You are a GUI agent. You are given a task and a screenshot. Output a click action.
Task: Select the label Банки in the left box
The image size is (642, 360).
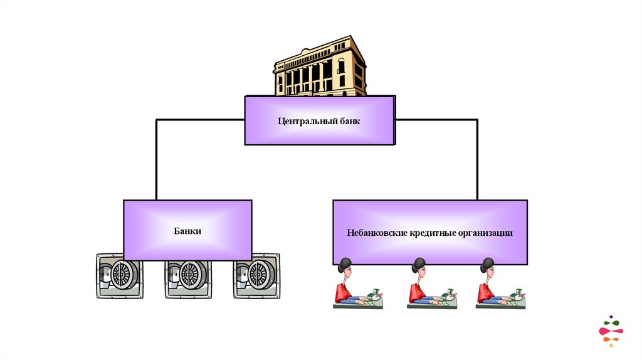coord(187,231)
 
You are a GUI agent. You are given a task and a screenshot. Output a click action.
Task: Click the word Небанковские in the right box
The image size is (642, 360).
coord(377,233)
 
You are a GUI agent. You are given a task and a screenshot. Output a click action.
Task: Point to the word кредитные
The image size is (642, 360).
coord(432,233)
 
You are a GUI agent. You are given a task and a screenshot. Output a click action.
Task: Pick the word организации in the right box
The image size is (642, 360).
coord(485,233)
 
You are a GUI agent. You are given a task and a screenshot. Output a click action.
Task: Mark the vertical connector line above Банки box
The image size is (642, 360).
coord(156,160)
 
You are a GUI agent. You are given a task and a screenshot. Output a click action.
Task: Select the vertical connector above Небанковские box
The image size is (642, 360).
coord(477,160)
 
